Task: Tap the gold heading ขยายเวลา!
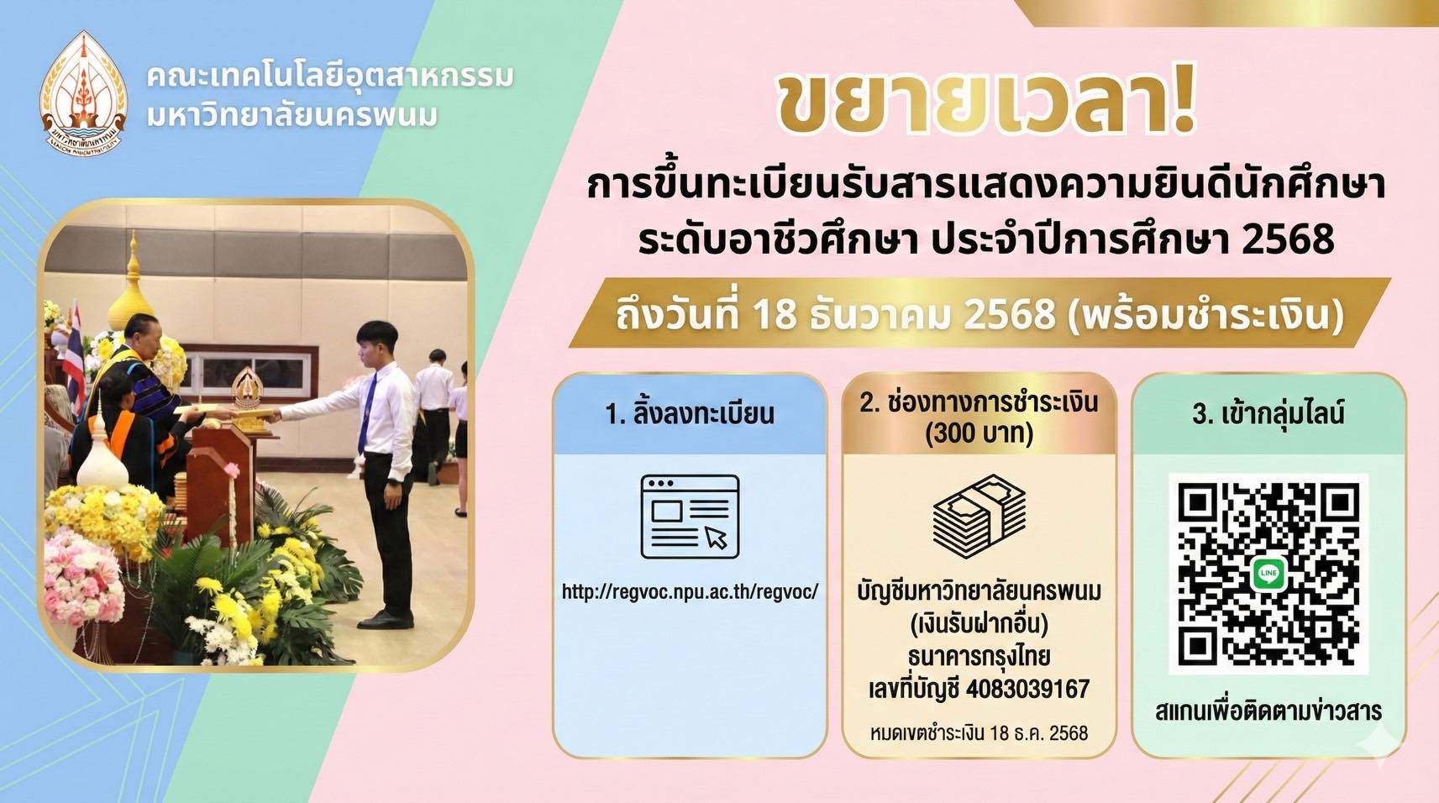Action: [x=986, y=103]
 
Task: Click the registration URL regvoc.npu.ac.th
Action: [x=690, y=592]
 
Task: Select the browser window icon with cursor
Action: [x=690, y=517]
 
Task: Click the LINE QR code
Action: [x=1268, y=574]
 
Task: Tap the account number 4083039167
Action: [x=1027, y=690]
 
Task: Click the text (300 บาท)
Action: [x=979, y=433]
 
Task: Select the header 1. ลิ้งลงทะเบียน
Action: [x=690, y=413]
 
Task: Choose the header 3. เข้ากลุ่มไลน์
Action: [x=1268, y=413]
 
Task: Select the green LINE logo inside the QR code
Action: [x=1268, y=574]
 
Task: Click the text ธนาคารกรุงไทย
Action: [x=979, y=656]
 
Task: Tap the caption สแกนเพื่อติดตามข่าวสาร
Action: [x=1268, y=711]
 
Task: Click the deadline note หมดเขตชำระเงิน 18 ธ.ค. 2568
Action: [x=979, y=733]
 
